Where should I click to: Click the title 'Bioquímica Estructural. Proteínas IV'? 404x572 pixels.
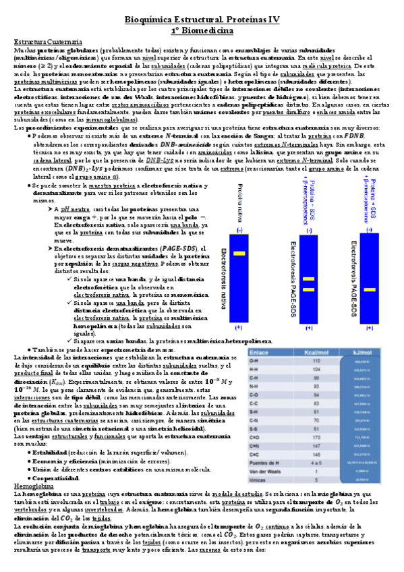202,22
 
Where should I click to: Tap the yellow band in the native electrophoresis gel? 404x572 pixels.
239,254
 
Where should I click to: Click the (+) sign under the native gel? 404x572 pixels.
239,327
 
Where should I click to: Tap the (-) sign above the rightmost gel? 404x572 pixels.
370,229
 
